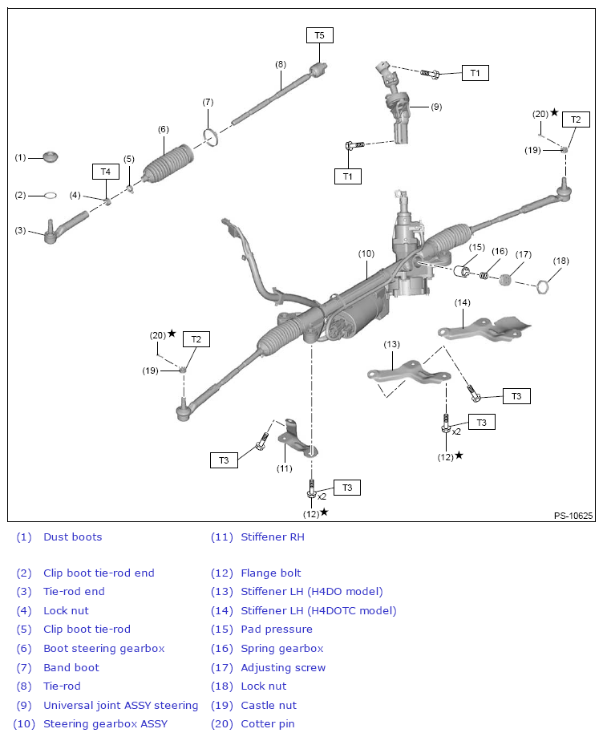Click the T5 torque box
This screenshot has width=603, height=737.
(x=319, y=35)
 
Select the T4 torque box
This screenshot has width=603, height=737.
(x=105, y=172)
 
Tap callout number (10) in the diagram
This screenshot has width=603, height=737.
(x=366, y=253)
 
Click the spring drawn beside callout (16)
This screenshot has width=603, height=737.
(x=484, y=275)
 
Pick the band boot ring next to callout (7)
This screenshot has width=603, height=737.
(x=211, y=138)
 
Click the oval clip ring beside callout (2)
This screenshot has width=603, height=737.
(x=48, y=195)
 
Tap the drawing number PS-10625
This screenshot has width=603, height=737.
(x=573, y=516)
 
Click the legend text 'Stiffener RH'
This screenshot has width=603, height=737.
(x=273, y=537)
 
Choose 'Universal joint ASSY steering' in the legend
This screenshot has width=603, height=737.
(x=120, y=706)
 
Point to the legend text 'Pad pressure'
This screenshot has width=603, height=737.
(x=277, y=630)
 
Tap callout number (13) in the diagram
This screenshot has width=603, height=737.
(x=391, y=344)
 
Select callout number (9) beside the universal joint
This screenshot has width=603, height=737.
(x=436, y=107)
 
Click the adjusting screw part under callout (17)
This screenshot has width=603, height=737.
(x=506, y=280)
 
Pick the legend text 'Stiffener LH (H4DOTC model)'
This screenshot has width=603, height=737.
(x=318, y=610)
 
